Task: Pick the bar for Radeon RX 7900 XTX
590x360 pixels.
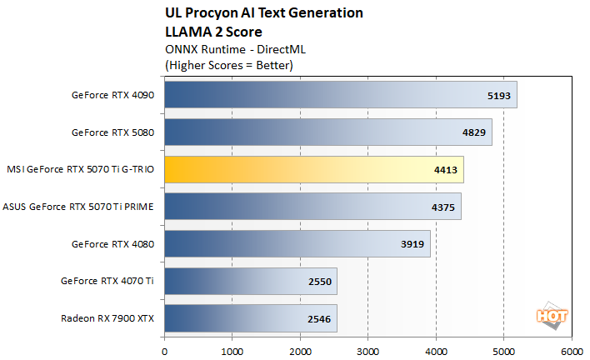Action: pos(251,318)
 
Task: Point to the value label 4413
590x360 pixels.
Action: pos(446,170)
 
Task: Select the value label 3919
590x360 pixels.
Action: pos(412,244)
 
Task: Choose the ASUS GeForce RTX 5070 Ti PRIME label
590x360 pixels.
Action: pos(79,207)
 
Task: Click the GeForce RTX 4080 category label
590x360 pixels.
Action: pos(113,244)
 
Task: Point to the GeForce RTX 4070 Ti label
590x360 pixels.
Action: pos(107,282)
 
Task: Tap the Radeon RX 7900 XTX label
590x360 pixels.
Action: pos(107,318)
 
